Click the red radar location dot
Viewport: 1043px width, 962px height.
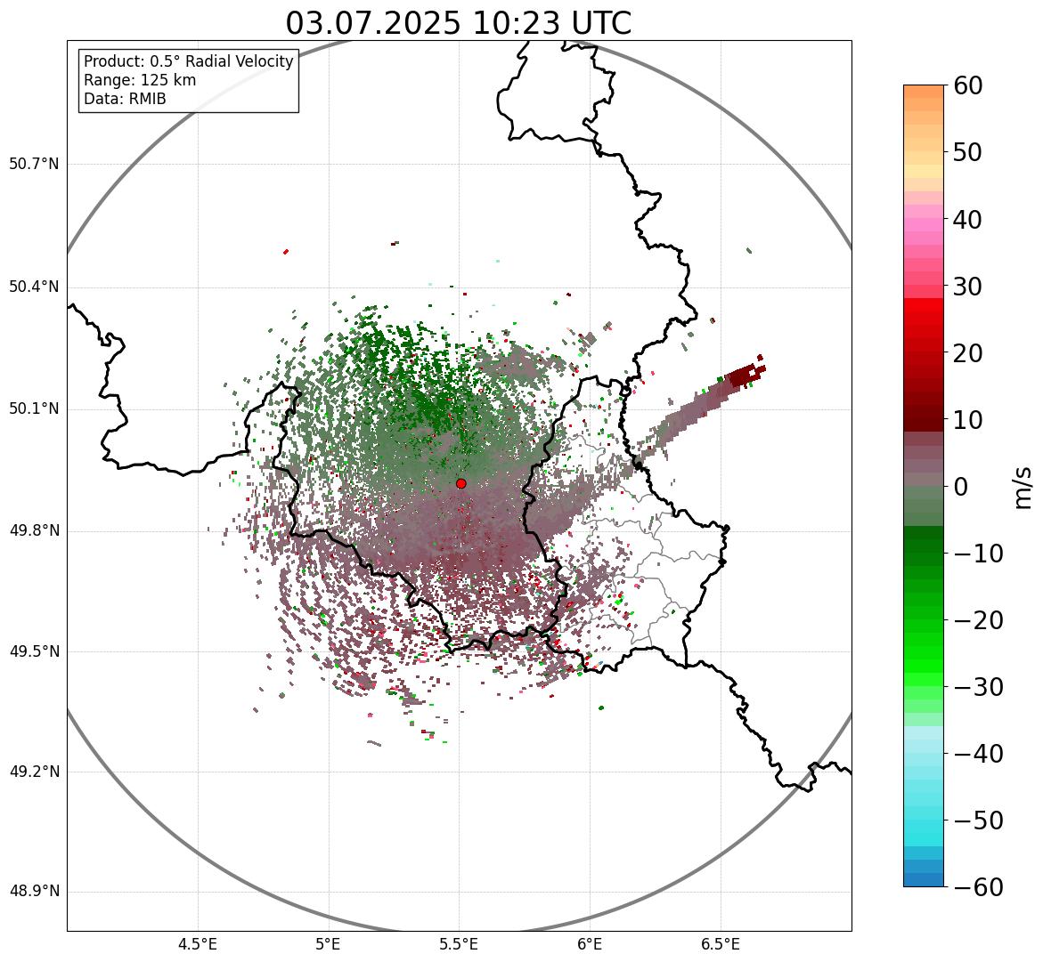pyautogui.click(x=460, y=483)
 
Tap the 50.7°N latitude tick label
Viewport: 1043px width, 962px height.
pyautogui.click(x=34, y=165)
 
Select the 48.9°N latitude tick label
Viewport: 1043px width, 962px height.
pyautogui.click(x=34, y=893)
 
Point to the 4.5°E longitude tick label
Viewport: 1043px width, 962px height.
pyautogui.click(x=198, y=944)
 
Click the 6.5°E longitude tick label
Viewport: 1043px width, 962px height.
pyautogui.click(x=720, y=944)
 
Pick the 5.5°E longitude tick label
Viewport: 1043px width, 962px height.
pyautogui.click(x=459, y=944)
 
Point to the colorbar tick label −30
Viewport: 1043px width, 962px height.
pyautogui.click(x=979, y=687)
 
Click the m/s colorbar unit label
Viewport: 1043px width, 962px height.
pyautogui.click(x=1024, y=487)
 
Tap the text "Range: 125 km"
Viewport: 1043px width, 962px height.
pyautogui.click(x=140, y=80)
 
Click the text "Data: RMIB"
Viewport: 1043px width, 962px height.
pyautogui.click(x=125, y=99)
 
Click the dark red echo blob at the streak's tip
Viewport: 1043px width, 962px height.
pyautogui.click(x=743, y=377)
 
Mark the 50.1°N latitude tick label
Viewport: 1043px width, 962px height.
pyautogui.click(x=34, y=409)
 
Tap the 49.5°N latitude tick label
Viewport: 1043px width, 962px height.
pyautogui.click(x=34, y=651)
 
